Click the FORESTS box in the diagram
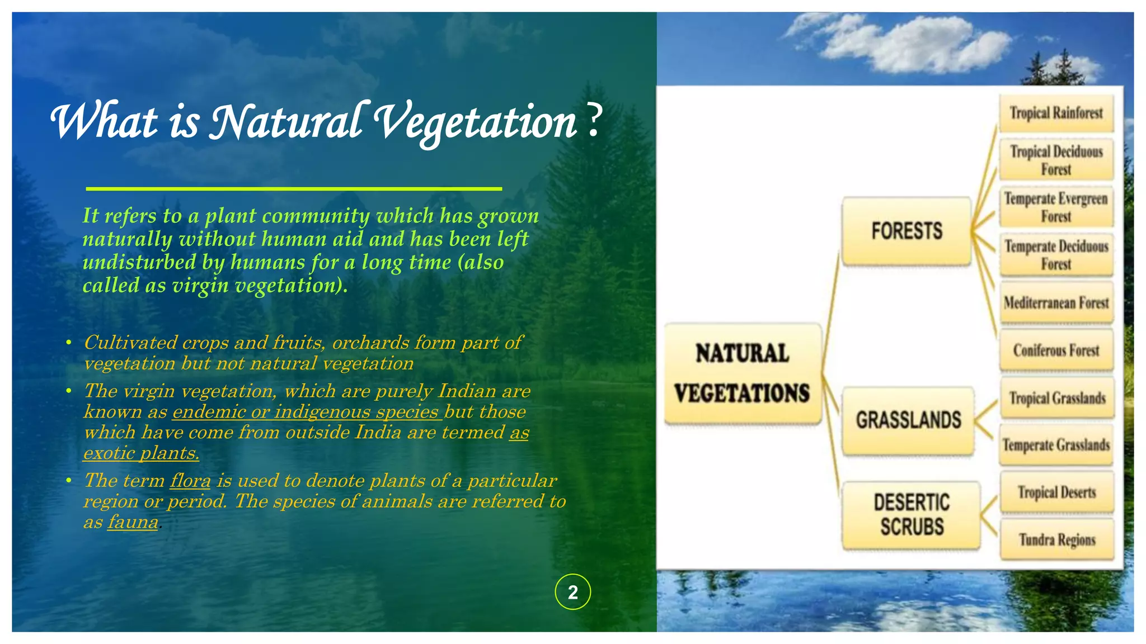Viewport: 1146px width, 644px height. tap(907, 231)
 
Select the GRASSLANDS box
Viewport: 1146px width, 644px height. tap(908, 420)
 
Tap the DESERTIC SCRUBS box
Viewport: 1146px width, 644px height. tap(912, 514)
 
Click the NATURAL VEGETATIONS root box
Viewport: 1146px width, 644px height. tap(743, 373)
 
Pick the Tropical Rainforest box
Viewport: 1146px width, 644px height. tap(1056, 113)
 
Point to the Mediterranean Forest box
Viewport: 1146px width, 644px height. tap(1056, 303)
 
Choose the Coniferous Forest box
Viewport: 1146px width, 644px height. tap(1056, 351)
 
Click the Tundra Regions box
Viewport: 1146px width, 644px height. tap(1056, 539)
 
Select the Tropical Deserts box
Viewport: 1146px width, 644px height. tap(1056, 493)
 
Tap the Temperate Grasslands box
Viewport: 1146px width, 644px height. tap(1056, 445)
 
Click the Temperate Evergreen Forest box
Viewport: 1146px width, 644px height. tap(1056, 207)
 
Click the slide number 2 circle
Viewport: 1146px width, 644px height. tap(572, 592)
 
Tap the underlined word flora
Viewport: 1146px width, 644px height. tap(190, 481)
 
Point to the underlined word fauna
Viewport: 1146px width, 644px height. tap(133, 522)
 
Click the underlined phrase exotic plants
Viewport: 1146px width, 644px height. tap(141, 453)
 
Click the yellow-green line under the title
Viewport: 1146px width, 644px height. tap(294, 189)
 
